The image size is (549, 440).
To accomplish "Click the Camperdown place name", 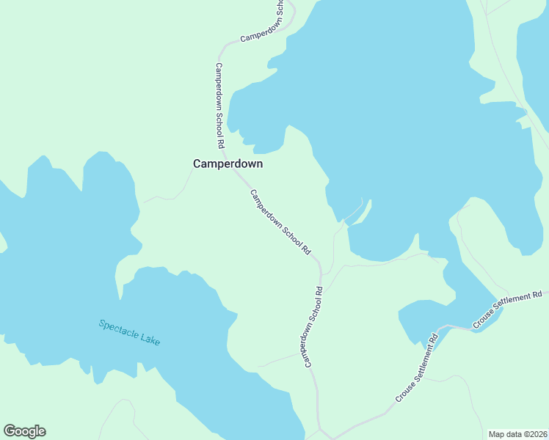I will pos(228,164).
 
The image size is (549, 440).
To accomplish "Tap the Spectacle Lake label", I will pos(129,332).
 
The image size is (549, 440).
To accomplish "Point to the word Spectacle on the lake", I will pos(120,329).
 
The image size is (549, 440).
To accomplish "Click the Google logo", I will pos(24,431).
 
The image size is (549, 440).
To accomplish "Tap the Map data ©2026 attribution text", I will pos(517,433).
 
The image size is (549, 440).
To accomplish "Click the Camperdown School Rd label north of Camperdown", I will pos(219,106).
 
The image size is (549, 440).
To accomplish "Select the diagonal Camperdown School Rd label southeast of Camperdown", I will pos(280,222).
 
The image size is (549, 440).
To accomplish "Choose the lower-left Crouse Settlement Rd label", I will pos(417,368).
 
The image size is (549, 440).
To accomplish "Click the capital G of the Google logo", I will pos(10,431).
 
